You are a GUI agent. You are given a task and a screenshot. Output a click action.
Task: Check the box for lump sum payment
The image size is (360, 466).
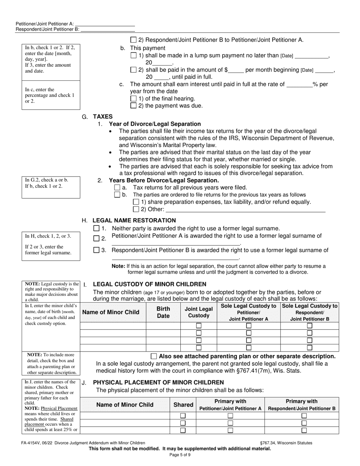(133, 55)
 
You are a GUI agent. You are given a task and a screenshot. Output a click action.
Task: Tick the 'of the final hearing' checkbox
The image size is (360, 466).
(133, 99)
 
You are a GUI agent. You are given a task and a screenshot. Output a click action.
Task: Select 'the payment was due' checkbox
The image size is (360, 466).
(133, 106)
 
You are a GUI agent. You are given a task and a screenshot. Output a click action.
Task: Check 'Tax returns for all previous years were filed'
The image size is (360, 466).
(117, 188)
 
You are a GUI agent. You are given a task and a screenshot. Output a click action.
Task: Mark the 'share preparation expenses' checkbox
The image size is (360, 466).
(136, 202)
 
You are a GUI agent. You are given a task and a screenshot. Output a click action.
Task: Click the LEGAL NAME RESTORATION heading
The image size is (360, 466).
(134, 220)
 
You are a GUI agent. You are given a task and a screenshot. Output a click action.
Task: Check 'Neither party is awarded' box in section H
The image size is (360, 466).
(96, 228)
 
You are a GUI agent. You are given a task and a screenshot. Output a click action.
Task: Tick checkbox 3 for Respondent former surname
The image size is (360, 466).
(96, 250)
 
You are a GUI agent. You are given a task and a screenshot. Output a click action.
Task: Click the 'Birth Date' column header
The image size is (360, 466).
(163, 312)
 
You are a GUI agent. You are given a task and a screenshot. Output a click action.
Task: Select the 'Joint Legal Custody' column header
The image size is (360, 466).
(199, 312)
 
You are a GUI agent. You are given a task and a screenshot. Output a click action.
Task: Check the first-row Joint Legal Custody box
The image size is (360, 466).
(199, 326)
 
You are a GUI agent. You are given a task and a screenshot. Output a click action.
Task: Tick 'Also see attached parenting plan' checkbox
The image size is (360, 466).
(154, 356)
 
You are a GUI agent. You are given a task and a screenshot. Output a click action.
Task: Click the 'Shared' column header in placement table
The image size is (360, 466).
(183, 405)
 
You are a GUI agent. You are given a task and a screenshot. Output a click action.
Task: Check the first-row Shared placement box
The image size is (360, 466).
(183, 416)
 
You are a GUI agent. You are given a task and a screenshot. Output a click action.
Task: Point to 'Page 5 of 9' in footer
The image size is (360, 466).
(180, 455)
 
